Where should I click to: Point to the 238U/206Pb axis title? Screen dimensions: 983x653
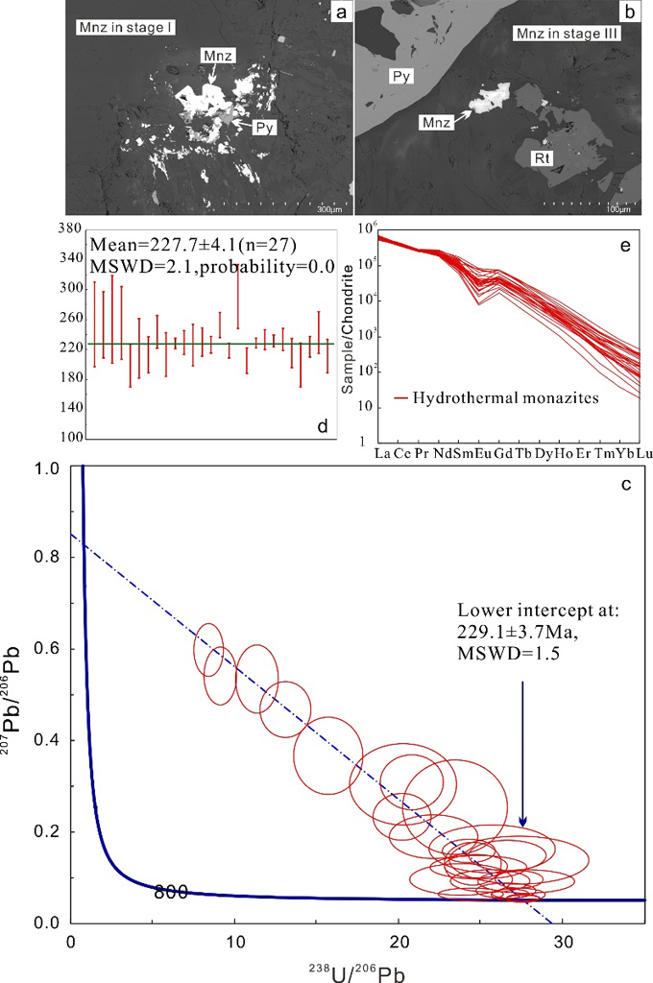pyautogui.click(x=357, y=969)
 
